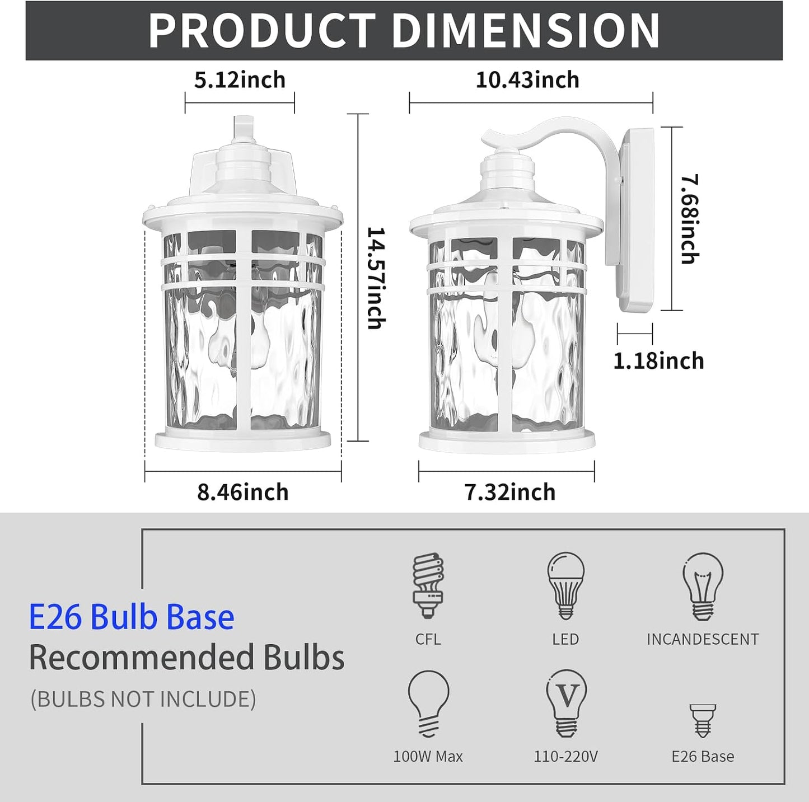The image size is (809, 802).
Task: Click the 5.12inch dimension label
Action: pos(240,79)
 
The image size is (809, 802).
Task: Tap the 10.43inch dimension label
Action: pos(527,79)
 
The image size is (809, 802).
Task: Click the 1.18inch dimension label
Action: pos(658,361)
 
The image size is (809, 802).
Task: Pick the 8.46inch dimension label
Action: pos(242,492)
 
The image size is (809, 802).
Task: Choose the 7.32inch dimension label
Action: pos(509,492)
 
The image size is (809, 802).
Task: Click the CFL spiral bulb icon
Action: pos(428,585)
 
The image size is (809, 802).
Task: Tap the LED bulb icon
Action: pos(565,586)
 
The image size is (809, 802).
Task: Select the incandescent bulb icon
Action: pos(703,587)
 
